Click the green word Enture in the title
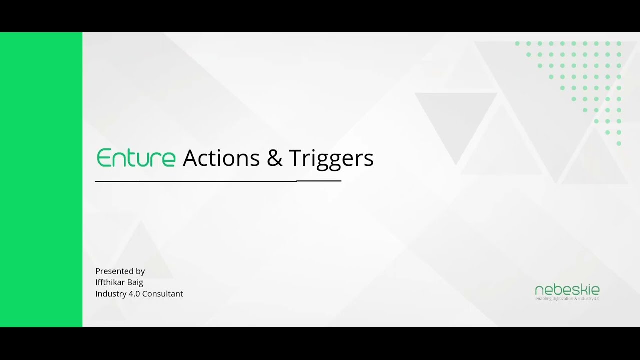136,158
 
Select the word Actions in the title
221,158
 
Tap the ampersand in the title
274,158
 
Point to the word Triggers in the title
331,159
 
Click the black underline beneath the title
218,181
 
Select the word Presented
114,271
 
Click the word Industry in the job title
110,294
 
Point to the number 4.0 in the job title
134,294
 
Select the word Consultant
163,294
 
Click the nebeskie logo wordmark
567,290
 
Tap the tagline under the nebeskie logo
567,299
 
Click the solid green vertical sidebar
41,180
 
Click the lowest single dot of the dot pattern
619,143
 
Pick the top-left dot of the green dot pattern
517,44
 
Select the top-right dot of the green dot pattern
619,44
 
